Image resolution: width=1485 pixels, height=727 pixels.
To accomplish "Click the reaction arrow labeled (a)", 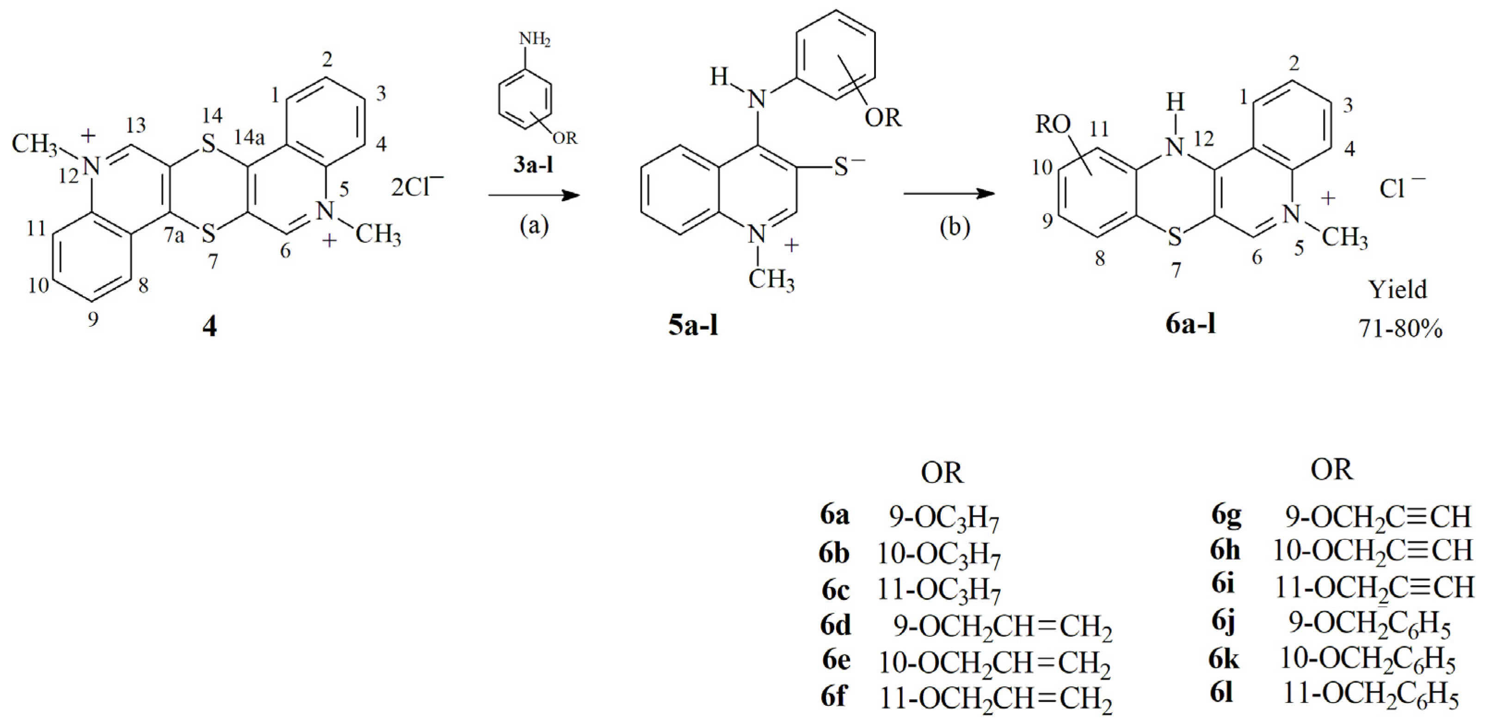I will tap(533, 196).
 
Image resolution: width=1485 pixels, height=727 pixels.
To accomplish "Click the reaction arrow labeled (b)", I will tap(949, 194).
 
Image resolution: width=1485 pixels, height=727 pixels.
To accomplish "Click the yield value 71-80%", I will tap(1400, 329).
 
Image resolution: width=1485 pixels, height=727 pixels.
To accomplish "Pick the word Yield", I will tap(1398, 290).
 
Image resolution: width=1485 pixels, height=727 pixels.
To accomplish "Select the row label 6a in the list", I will tap(835, 516).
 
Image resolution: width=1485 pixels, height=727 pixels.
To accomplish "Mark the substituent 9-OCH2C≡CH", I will tap(1378, 517).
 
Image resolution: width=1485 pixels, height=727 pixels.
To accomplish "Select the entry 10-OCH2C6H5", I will tap(1368, 661).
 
